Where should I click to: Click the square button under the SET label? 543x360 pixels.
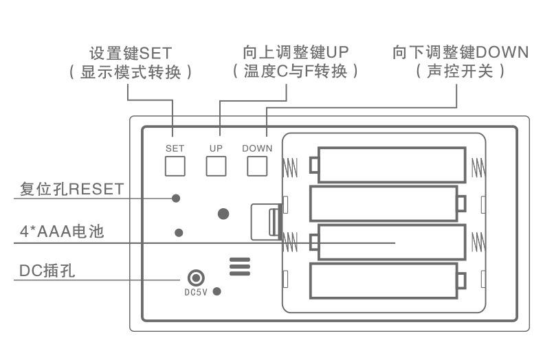click(x=175, y=166)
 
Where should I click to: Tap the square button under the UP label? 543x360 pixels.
click(x=217, y=166)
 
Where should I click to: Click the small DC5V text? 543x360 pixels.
click(x=196, y=292)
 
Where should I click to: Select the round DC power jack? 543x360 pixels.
click(x=196, y=278)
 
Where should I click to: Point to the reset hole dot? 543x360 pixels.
click(x=176, y=199)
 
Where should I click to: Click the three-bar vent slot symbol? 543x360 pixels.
click(x=240, y=267)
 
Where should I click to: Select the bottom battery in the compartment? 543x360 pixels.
click(x=384, y=280)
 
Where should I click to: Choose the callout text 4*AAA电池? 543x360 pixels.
click(x=62, y=232)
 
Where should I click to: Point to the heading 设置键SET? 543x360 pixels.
click(x=131, y=53)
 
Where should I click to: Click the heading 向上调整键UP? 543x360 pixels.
click(x=296, y=52)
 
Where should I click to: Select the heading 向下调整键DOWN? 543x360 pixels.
click(x=460, y=52)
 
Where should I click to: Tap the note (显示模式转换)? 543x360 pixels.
click(x=131, y=72)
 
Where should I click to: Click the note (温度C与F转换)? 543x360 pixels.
click(x=296, y=71)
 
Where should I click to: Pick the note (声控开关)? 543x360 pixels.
click(x=461, y=71)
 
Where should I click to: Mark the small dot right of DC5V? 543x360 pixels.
click(x=217, y=292)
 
